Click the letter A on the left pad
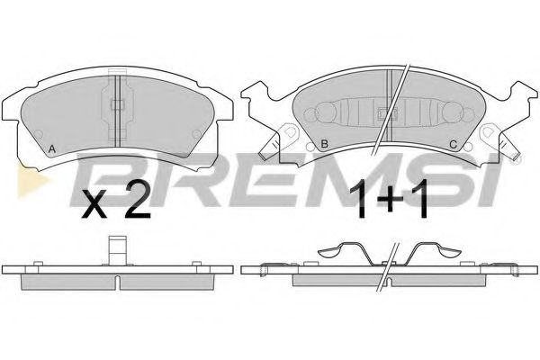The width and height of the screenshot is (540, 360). [51, 149]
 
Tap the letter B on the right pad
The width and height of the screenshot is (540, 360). [324, 144]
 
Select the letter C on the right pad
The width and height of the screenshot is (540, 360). [454, 145]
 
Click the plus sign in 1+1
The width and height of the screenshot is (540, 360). [390, 199]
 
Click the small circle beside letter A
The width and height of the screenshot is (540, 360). [39, 134]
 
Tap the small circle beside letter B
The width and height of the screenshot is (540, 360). [310, 147]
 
